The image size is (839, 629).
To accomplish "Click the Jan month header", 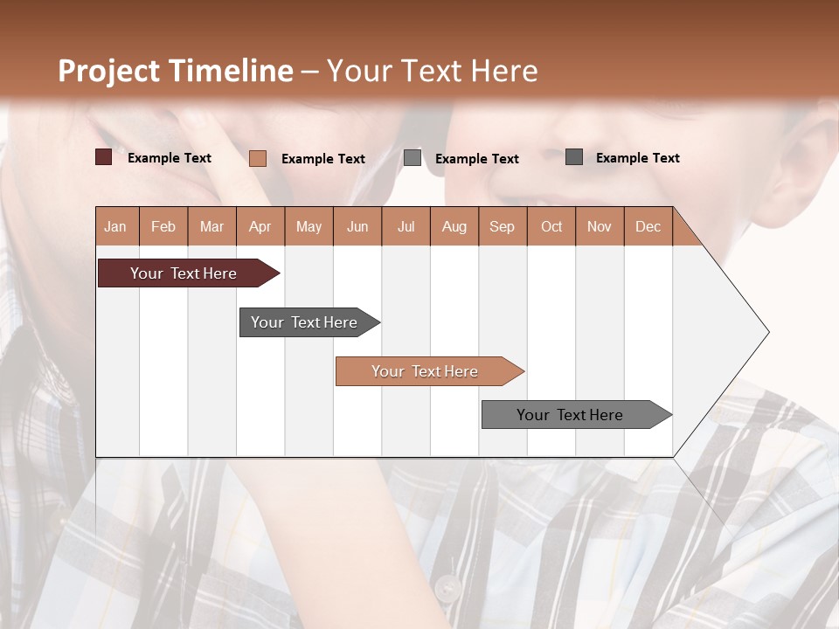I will [116, 226].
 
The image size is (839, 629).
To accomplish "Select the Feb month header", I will [163, 226].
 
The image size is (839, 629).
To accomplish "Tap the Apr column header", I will [260, 226].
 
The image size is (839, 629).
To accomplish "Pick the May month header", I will [309, 226].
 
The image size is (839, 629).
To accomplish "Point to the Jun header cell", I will [357, 226].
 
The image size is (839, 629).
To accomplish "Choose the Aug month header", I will [454, 226].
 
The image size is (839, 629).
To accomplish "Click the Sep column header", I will [503, 226].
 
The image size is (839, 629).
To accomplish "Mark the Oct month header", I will [551, 226].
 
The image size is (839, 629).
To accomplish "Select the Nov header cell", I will [600, 226].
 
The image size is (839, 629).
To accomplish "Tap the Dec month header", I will [648, 226].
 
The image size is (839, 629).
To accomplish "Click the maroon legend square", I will [104, 157].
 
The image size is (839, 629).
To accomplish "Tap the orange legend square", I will [258, 158].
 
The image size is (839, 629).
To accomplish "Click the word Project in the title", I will [110, 71].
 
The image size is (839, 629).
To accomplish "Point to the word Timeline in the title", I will [232, 71].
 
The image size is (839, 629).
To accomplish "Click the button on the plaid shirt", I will [447, 587].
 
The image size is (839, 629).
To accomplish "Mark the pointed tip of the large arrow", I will [768, 332].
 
